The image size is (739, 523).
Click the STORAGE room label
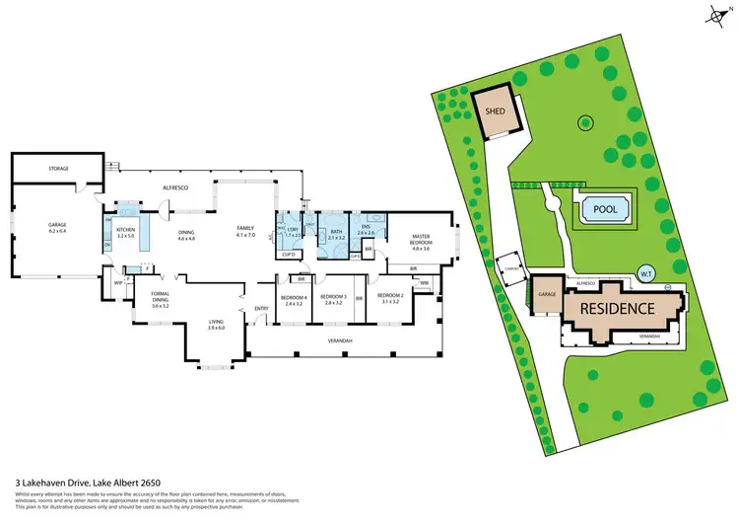(58, 169)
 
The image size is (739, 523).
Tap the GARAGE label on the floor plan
(58, 226)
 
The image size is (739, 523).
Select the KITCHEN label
(125, 231)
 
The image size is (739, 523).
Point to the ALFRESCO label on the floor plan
(175, 186)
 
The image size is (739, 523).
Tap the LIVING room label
(216, 323)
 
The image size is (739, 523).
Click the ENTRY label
(261, 309)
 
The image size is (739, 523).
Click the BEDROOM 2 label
(390, 299)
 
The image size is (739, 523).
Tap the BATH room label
(336, 231)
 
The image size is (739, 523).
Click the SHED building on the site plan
(495, 112)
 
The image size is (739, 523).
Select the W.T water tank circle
(647, 273)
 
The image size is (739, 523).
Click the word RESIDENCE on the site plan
(616, 308)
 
